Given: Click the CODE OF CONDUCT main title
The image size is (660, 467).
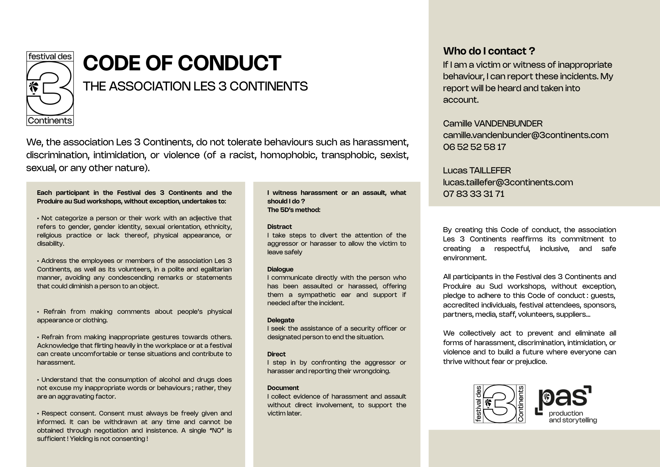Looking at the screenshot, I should coord(182,63).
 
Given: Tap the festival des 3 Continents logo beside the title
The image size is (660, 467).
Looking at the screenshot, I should coord(50,89).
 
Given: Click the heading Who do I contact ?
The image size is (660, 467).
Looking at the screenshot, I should coord(489,51).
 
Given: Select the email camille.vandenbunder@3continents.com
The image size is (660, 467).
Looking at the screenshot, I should coord(526,135).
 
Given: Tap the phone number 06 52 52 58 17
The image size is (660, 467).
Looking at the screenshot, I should coord(474,147).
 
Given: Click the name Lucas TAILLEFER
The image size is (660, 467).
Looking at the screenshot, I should coord(477,170).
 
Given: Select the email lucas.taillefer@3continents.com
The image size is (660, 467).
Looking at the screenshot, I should coord(508,182).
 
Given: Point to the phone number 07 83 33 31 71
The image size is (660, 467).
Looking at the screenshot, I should coord(474,194).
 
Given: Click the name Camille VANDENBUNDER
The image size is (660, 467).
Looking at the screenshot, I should coord(493,124).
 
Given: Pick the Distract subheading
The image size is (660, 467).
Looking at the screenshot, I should coord(280,227).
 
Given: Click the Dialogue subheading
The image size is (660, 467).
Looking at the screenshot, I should coord(280,269).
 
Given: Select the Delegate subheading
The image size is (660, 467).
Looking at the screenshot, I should coord(280,320).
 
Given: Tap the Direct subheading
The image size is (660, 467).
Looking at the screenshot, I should coord(276,354).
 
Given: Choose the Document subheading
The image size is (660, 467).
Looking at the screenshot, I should coord(283,388).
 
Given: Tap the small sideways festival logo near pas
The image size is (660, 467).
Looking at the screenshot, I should coord(499,404).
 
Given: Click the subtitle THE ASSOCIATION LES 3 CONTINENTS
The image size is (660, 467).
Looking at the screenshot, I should coord(195,86).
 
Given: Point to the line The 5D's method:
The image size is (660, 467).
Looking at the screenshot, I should coord(294,210).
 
